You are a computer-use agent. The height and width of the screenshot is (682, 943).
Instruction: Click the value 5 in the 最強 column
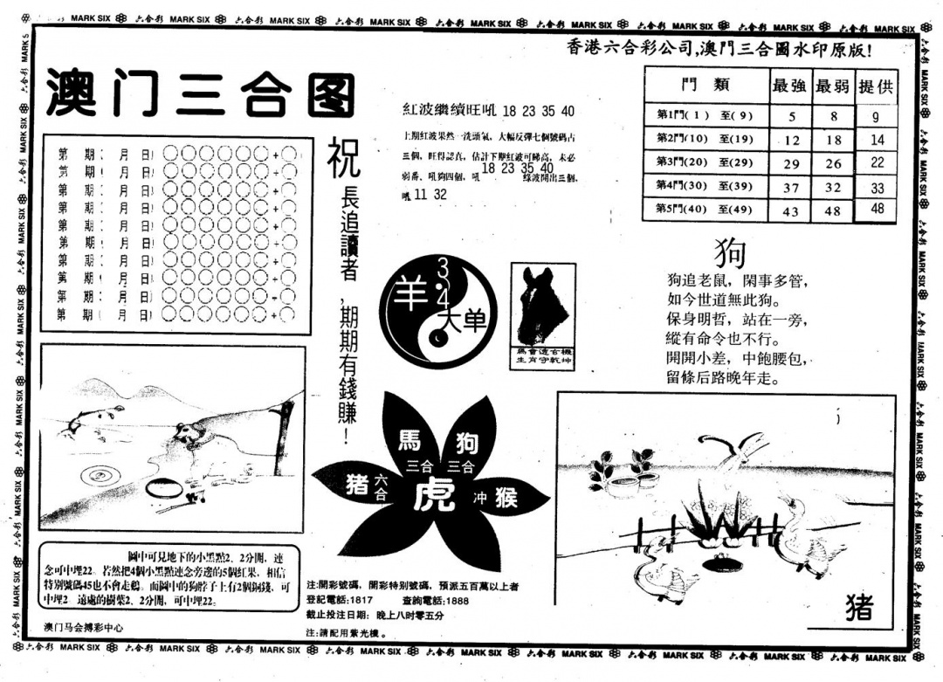791,116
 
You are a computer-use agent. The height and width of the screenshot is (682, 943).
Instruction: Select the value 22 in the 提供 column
877,162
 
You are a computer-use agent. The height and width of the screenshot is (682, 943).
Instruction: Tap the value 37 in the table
791,187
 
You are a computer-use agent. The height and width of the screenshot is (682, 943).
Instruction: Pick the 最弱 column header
833,86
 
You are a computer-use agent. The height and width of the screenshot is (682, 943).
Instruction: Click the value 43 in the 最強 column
791,211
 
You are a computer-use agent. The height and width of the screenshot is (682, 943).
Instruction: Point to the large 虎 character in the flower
431,497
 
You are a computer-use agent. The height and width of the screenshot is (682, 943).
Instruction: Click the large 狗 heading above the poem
730,253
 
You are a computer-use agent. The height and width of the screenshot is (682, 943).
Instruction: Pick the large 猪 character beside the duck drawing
858,607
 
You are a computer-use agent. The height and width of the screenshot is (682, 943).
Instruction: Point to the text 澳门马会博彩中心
83,627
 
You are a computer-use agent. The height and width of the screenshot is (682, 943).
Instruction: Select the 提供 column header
876,86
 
